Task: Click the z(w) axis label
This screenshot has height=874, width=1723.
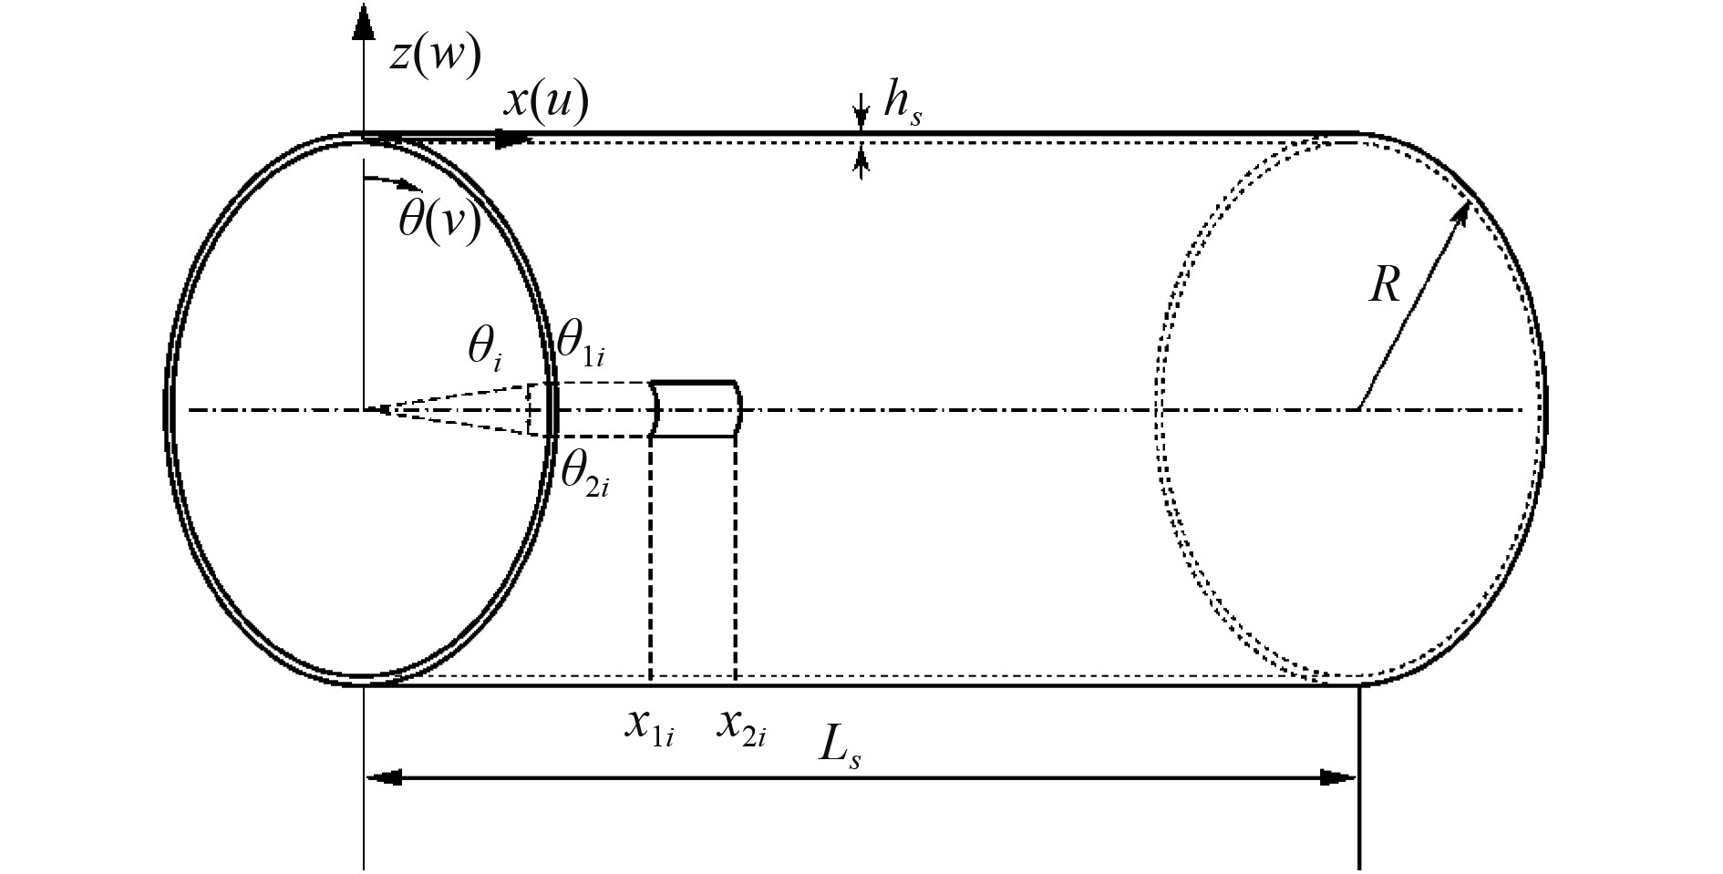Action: pos(435,57)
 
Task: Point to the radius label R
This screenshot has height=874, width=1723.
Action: pos(1384,286)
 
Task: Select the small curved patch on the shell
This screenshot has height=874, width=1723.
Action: pos(696,409)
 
